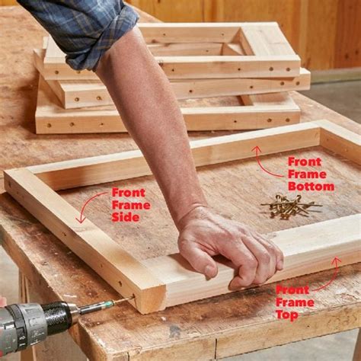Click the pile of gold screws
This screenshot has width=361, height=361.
[289, 205]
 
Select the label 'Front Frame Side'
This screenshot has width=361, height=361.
[130, 205]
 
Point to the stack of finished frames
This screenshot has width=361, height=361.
[171, 80]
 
